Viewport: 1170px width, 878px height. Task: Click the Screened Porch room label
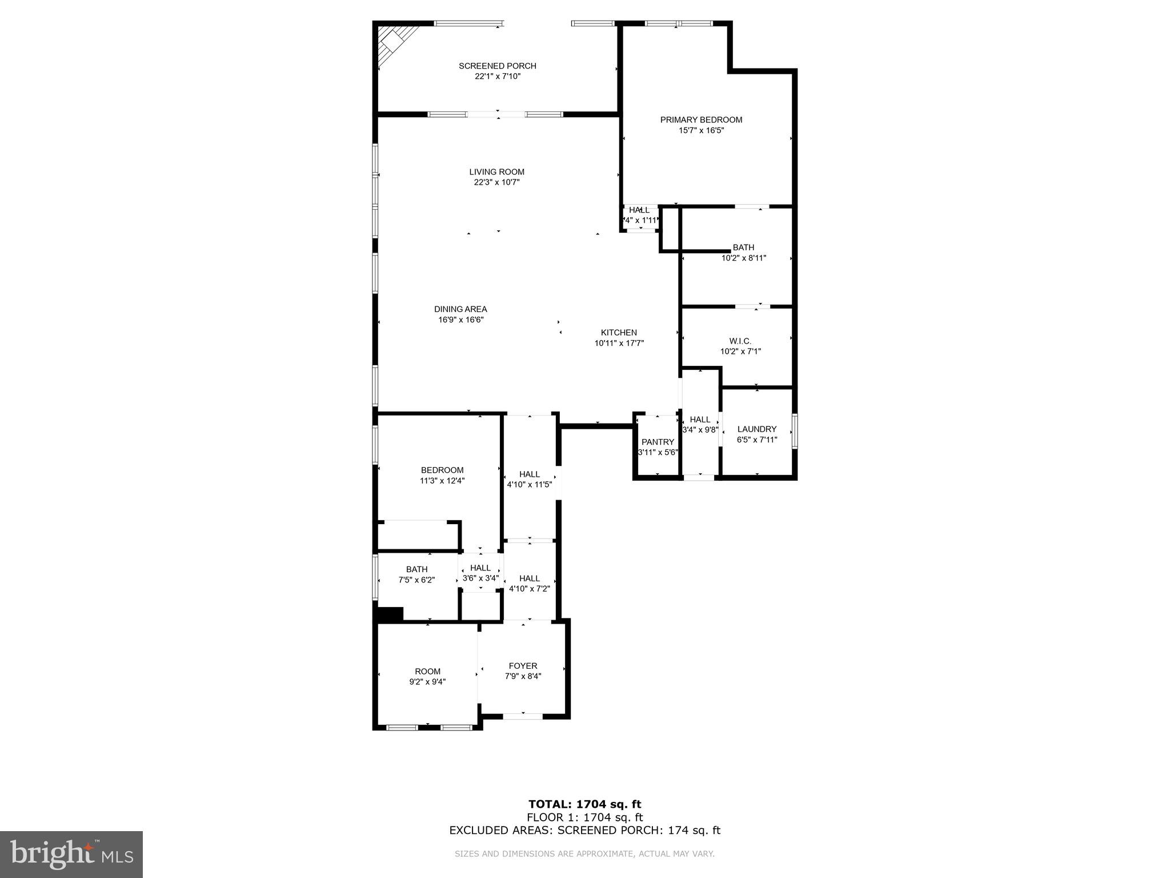point(497,66)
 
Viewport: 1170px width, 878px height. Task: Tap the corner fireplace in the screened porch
point(394,41)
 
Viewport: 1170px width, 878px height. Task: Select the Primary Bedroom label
point(701,120)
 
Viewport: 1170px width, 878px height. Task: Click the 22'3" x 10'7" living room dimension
point(496,182)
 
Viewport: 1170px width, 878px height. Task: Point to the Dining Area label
point(460,309)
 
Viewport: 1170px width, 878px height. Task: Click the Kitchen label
point(619,333)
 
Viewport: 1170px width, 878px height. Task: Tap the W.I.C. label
point(740,341)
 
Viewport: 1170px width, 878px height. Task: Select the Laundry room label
point(756,429)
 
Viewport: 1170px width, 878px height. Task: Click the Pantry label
point(658,442)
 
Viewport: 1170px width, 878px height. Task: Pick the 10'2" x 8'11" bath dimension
point(743,258)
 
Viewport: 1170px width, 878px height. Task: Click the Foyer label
point(523,666)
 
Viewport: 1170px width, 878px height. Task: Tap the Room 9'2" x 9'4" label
point(427,672)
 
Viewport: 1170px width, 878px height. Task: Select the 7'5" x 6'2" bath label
point(416,580)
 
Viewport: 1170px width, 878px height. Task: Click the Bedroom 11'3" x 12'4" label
point(442,470)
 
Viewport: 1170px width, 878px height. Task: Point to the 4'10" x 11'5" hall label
point(530,485)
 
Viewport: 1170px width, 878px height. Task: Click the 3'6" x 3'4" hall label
point(480,578)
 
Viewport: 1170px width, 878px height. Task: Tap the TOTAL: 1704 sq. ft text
point(584,805)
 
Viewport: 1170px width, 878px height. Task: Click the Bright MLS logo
point(71,854)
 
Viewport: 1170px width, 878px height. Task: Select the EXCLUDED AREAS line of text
point(584,831)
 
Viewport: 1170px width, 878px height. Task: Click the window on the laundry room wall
point(795,431)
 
